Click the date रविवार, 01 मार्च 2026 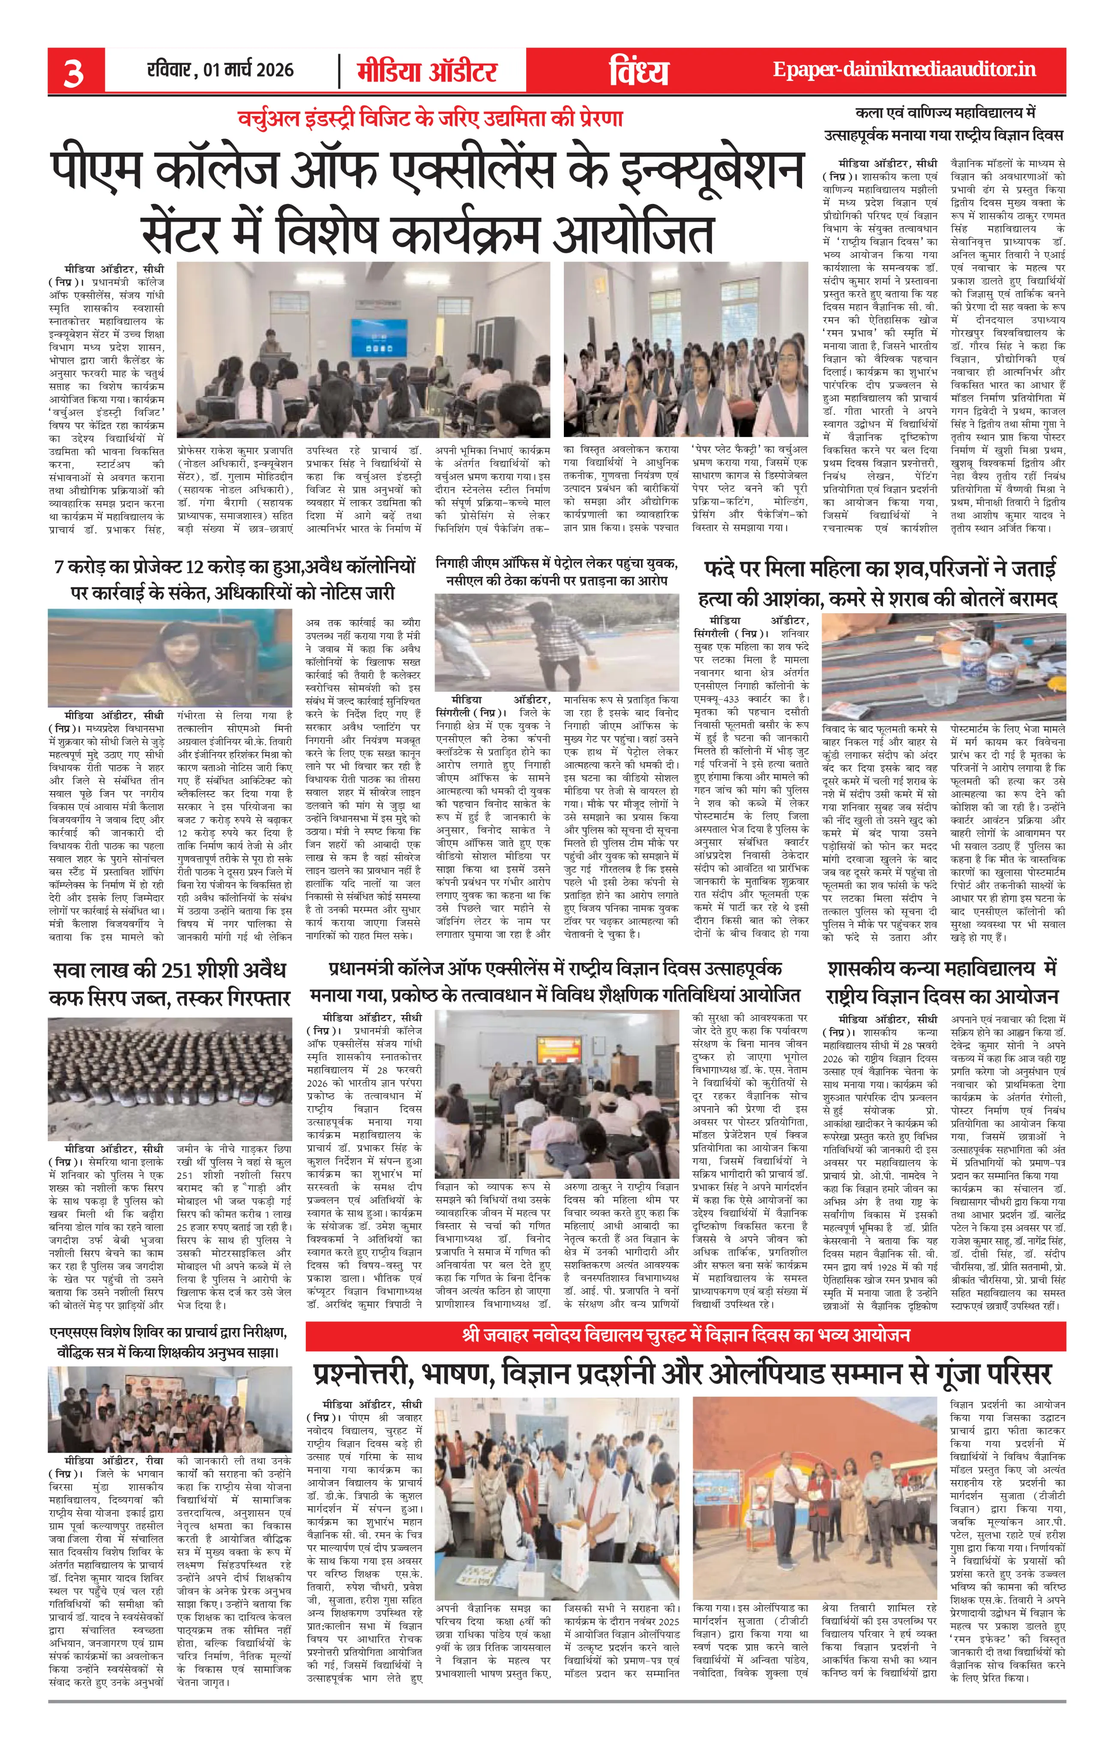pyautogui.click(x=220, y=71)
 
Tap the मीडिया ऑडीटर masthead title pyautogui.click(x=427, y=72)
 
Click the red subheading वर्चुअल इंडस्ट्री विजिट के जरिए pyautogui.click(x=431, y=119)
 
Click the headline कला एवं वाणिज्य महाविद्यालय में pyautogui.click(x=944, y=123)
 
